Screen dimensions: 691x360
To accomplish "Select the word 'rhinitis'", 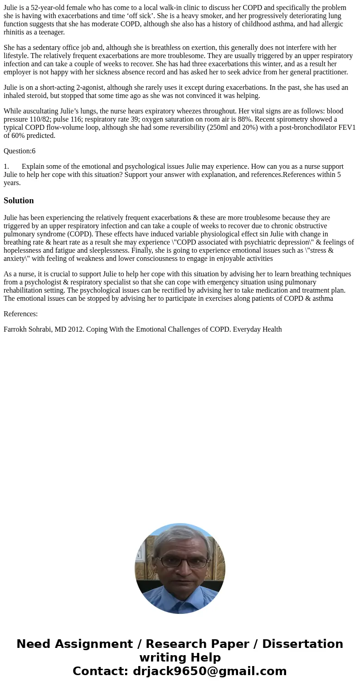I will pos(15,32).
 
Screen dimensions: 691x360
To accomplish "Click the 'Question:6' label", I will pos(19,151).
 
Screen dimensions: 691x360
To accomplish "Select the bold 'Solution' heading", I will pos(19,201).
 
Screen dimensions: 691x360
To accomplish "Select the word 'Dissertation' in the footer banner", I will pos(302,644).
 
